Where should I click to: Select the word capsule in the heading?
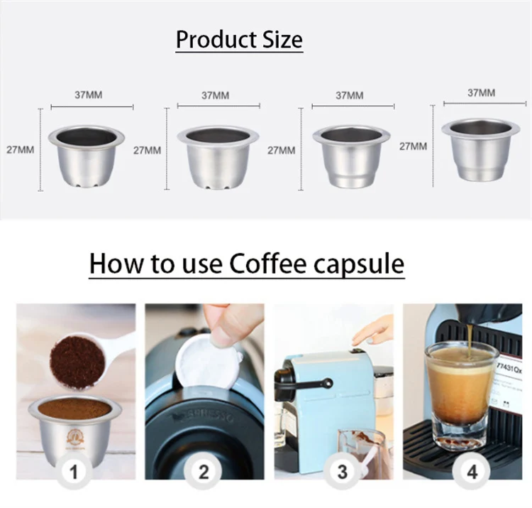361,264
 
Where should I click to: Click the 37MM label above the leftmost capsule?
88,94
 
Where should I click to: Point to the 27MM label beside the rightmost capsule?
413,146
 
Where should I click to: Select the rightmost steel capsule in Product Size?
480,148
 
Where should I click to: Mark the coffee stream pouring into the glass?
469,335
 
